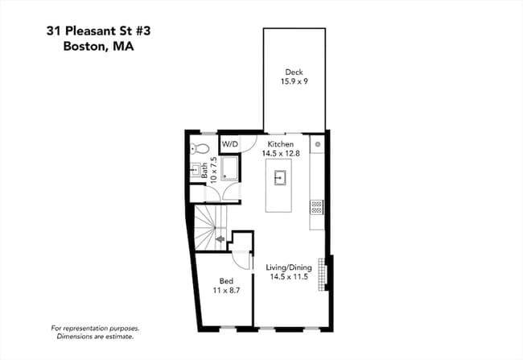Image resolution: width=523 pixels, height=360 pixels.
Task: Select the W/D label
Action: (230, 145)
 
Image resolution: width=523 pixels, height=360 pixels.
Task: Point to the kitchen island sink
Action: (280, 178)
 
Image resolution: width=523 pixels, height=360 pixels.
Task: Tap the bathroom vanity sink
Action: (196, 170)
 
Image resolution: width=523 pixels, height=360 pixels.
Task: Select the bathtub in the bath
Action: (229, 168)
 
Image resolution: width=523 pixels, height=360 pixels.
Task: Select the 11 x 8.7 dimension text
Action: (226, 290)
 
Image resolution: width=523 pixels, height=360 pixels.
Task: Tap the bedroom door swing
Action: (241, 259)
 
